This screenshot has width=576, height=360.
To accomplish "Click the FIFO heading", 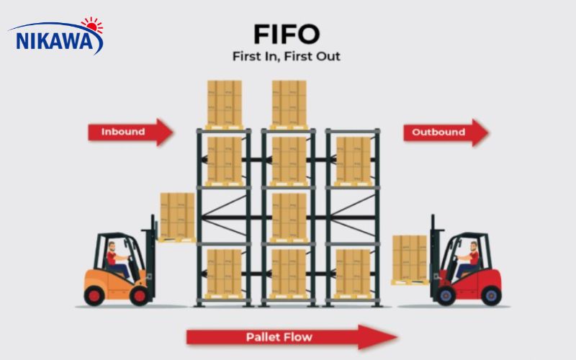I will (287, 34).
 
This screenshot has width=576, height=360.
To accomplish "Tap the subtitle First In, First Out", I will (287, 56).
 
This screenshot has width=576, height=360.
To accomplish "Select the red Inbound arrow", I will (130, 132).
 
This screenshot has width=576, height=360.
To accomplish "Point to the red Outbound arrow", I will (445, 132).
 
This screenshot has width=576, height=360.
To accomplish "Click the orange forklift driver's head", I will (111, 246).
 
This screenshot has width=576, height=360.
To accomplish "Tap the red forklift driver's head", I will (474, 246).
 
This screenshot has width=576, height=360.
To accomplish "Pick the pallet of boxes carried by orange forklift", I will (177, 215).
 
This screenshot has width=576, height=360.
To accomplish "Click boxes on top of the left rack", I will (224, 103).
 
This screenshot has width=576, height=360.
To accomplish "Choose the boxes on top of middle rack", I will (289, 103).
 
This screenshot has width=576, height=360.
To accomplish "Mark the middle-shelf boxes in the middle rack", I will (289, 215).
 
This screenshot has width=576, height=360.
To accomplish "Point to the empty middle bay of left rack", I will (224, 215).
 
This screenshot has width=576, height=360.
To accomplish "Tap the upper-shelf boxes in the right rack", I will (353, 159).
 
